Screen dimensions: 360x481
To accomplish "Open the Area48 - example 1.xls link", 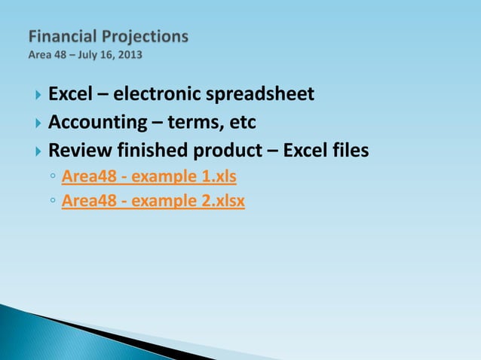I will pos(149,178).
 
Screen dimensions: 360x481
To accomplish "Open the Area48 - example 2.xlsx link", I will pos(153,201).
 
